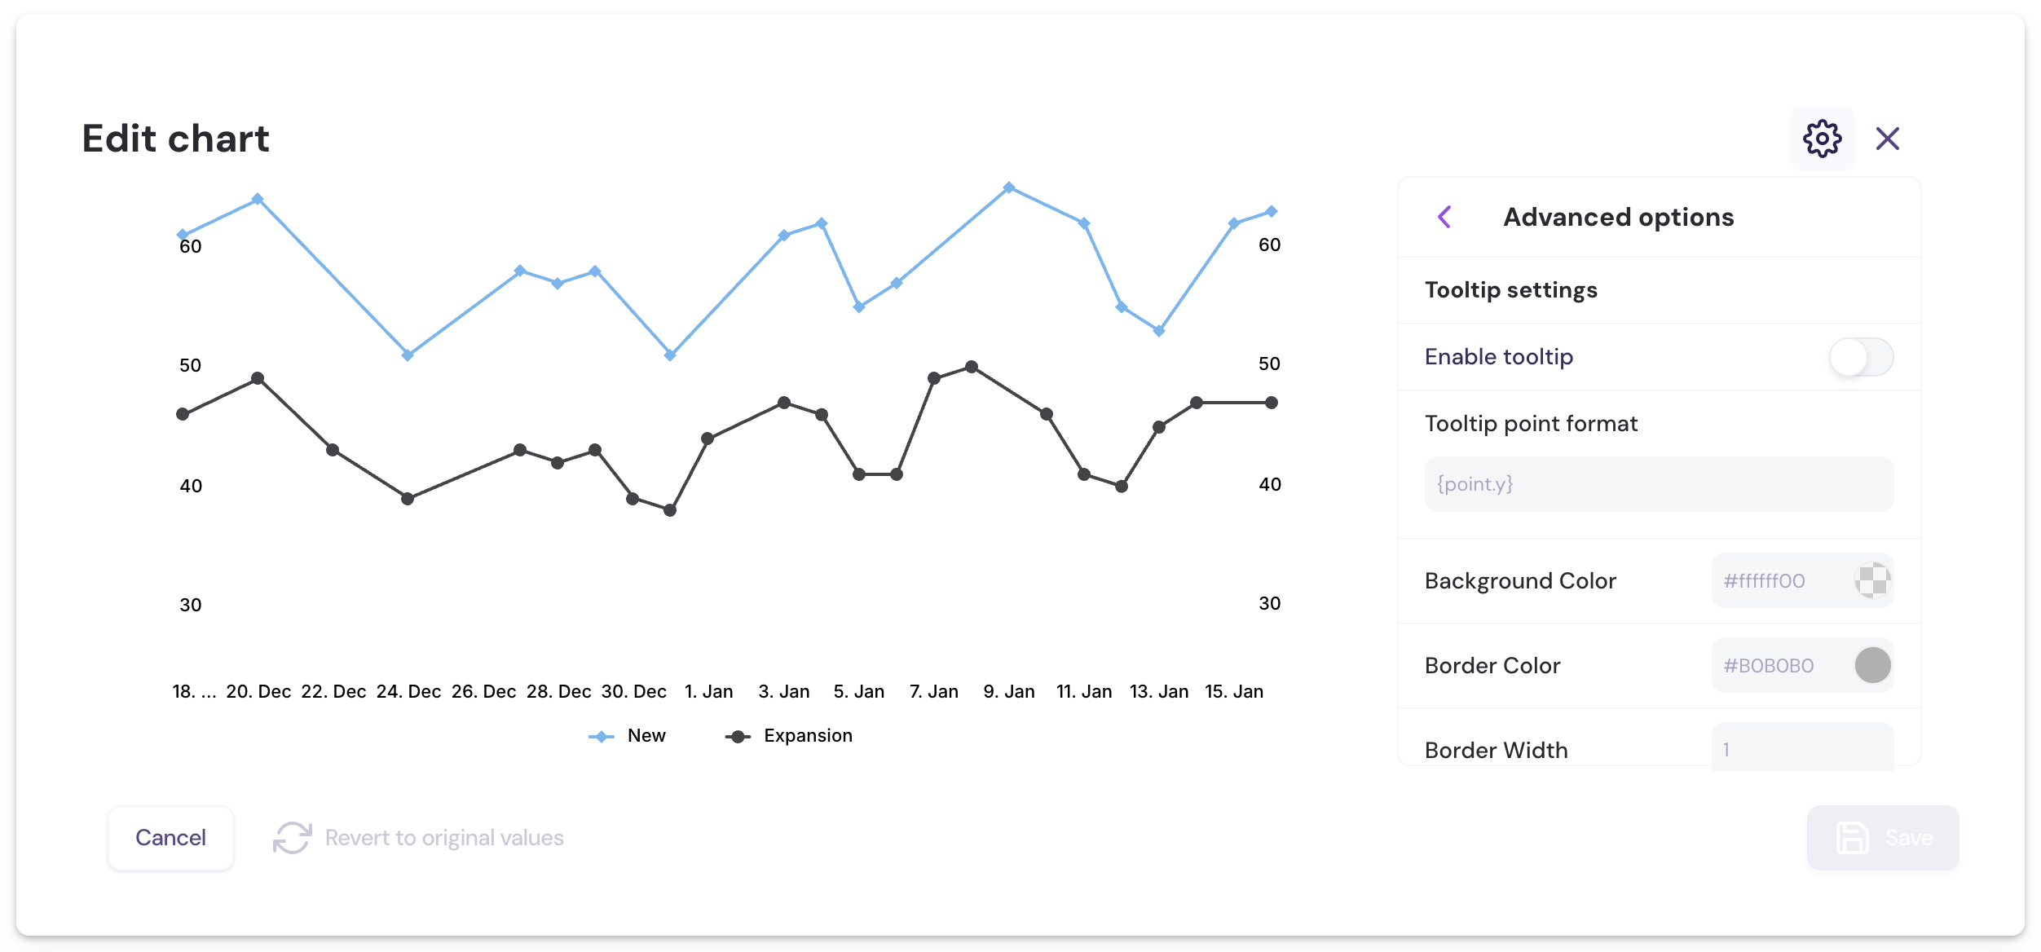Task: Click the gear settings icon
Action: coord(1822,139)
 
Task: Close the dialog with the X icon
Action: coord(1887,139)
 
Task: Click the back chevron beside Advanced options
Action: coord(1444,217)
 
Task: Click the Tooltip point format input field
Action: coord(1658,484)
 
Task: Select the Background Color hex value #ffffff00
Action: coord(1765,581)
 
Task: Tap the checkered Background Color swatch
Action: coord(1872,581)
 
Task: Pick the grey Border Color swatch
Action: coord(1872,665)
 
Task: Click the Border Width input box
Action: coord(1801,748)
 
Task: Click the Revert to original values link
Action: coord(443,838)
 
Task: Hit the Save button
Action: coord(1882,838)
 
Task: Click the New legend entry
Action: coord(628,736)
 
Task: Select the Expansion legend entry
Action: coord(789,736)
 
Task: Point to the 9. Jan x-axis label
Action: coord(1008,692)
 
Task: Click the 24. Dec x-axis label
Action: coord(408,692)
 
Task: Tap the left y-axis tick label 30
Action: coord(191,605)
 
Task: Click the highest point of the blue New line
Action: coord(1009,187)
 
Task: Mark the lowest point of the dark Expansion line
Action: coord(670,510)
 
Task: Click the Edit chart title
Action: coord(176,139)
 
